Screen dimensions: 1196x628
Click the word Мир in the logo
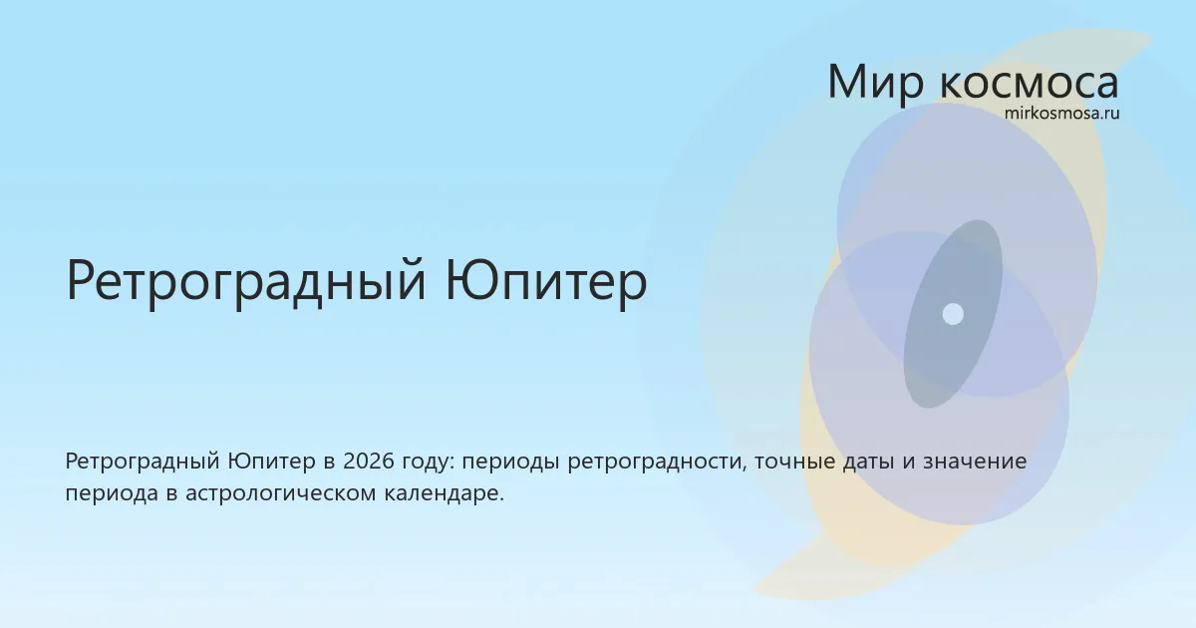875,82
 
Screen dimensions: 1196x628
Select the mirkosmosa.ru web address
1062,114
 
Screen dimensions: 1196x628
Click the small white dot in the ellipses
953,314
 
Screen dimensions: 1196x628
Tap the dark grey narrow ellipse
953,314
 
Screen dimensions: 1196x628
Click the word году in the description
429,464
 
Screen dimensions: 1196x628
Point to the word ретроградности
657,464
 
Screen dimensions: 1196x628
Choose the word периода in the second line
112,495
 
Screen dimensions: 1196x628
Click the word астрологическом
281,495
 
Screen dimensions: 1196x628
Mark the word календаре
445,494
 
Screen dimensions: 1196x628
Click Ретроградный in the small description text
143,463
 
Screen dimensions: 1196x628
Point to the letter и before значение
909,463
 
